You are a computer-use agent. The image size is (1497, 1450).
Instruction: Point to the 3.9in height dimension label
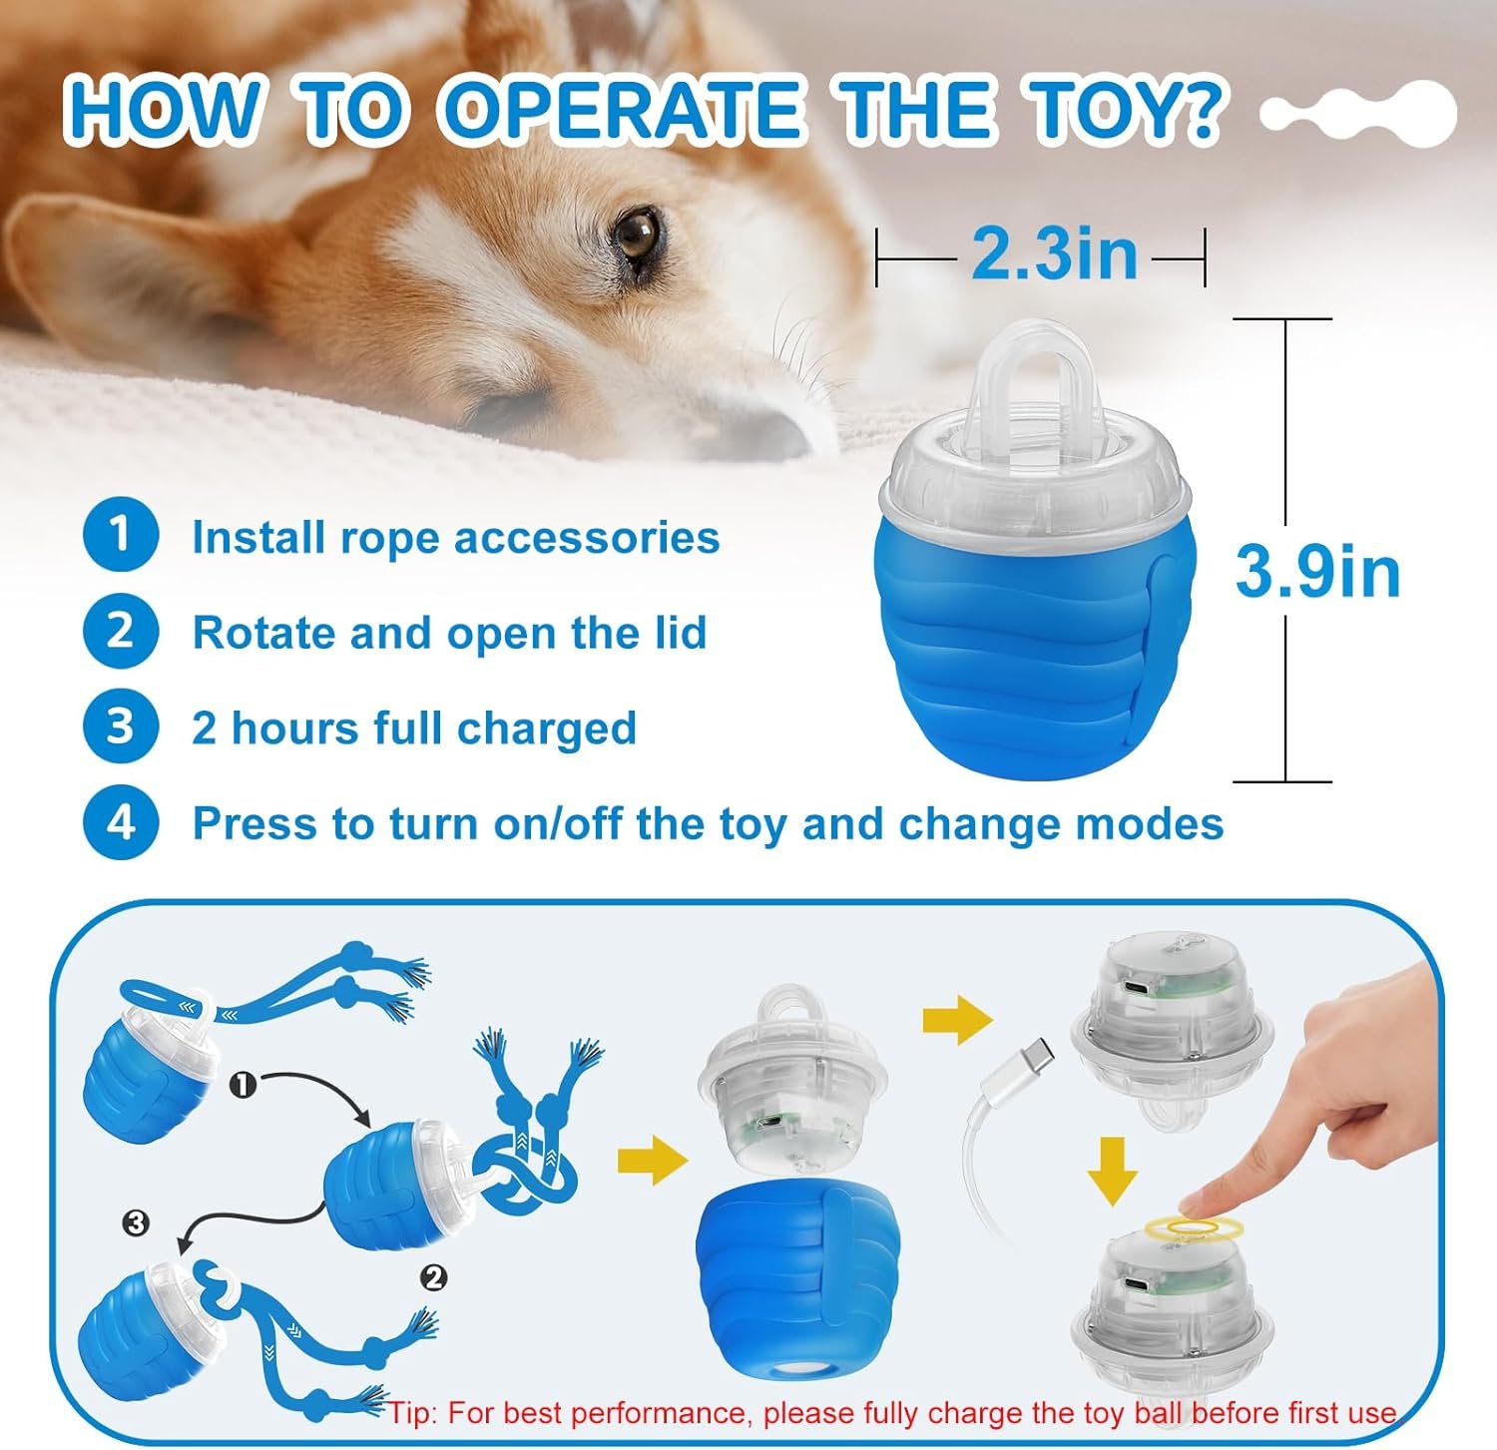point(1317,571)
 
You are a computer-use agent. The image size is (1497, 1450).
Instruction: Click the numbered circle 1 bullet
point(121,535)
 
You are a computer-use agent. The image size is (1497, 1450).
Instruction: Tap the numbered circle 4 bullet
point(121,823)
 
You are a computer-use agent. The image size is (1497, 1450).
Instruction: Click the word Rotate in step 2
point(256,633)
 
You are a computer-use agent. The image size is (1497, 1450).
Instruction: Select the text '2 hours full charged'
point(414,728)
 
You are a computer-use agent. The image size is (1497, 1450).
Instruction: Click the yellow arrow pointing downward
point(1112,1170)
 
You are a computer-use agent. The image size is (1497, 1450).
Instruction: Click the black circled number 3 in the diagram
point(136,1222)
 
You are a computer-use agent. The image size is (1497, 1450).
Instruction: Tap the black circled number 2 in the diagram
point(433,1278)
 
